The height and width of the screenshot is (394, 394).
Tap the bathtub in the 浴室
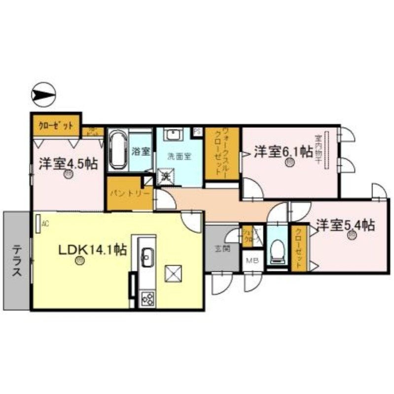118,149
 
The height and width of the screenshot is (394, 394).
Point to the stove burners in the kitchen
147,297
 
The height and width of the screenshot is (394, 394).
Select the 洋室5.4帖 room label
345,225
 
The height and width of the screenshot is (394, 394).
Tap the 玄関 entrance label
223,249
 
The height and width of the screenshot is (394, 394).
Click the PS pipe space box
197,131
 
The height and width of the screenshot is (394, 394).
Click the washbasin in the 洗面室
173,135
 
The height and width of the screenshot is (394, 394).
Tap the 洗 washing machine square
165,175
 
